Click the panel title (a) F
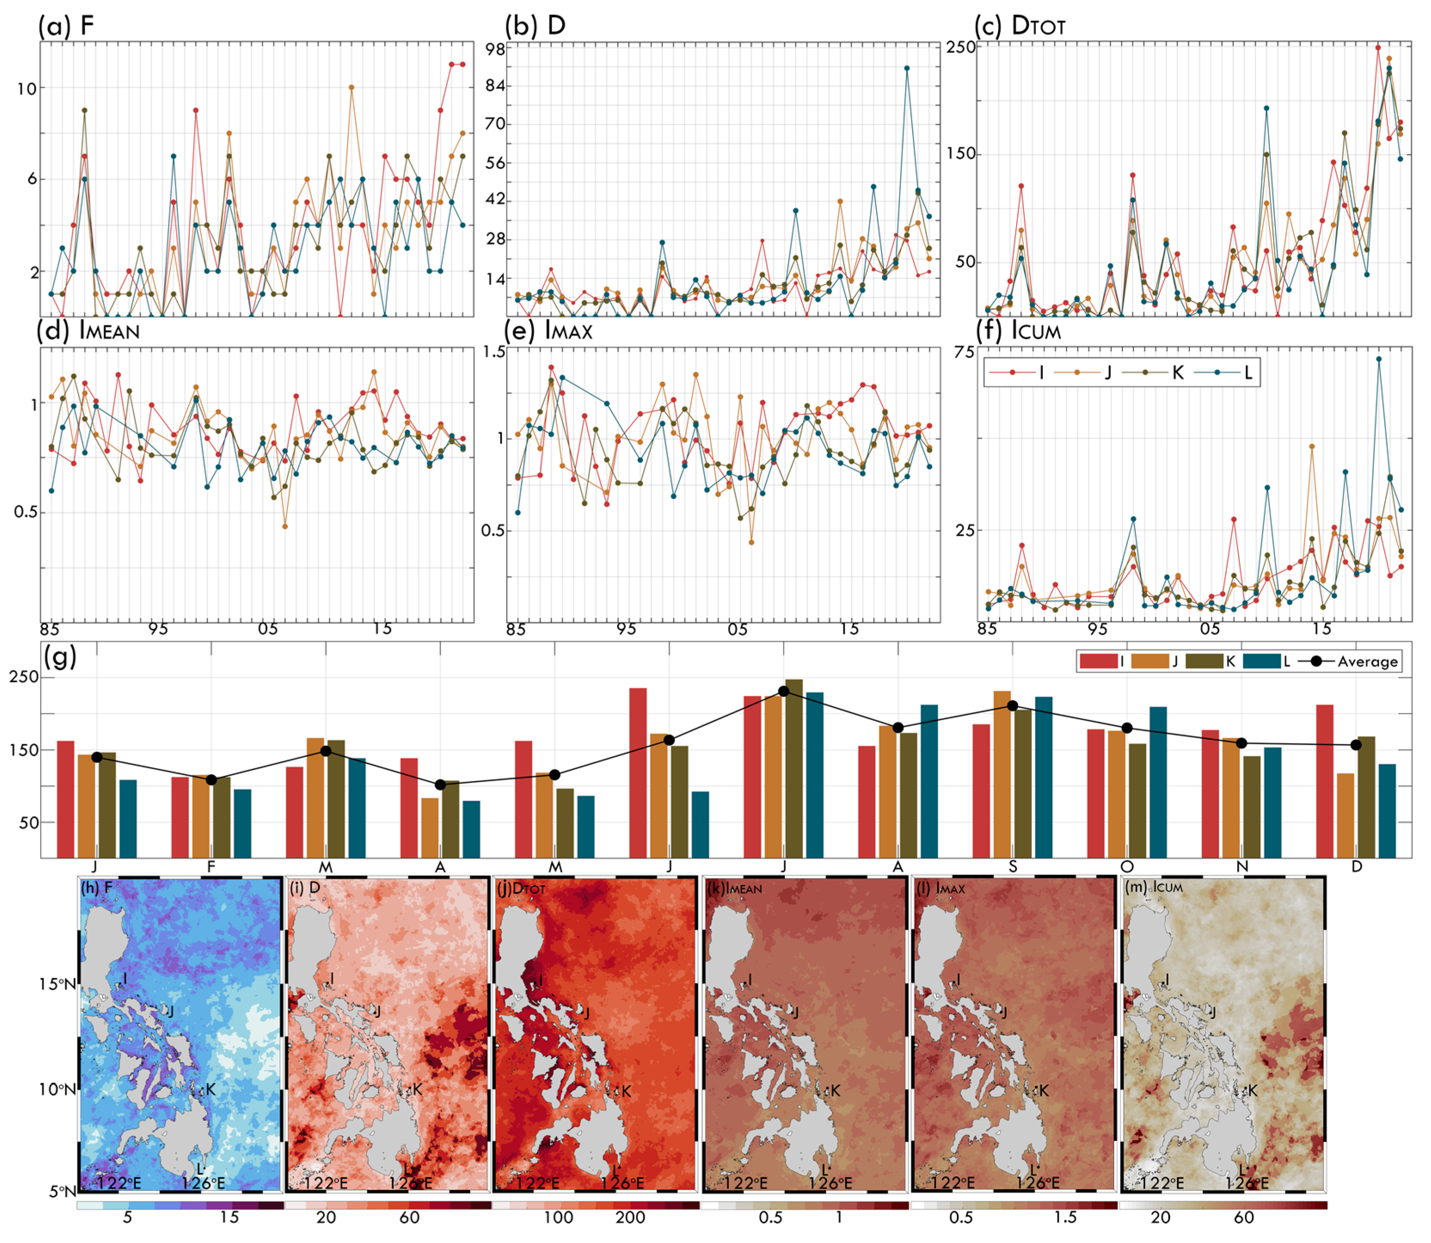click(65, 26)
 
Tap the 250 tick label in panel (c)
click(961, 47)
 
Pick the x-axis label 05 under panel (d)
click(268, 629)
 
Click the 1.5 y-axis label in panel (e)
click(493, 353)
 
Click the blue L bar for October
click(1158, 782)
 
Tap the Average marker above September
click(1012, 706)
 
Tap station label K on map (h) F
click(211, 1090)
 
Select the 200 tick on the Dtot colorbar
click(630, 1217)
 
